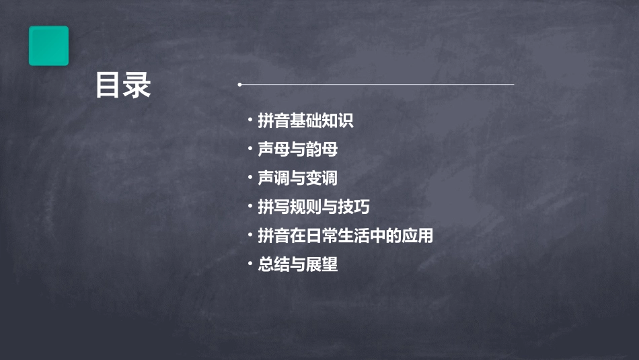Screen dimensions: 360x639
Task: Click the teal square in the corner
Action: point(48,46)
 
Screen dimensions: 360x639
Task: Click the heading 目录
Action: point(123,86)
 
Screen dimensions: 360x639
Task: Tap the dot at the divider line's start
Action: point(240,85)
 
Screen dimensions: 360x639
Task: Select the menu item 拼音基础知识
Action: point(305,121)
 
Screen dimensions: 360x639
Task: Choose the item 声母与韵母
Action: point(297,149)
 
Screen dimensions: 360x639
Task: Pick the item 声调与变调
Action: point(297,178)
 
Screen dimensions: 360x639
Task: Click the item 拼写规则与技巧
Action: point(313,207)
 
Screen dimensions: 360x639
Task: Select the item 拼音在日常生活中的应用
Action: point(345,236)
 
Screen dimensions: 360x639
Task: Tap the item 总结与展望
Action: point(297,264)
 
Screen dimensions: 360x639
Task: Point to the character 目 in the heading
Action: point(108,86)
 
